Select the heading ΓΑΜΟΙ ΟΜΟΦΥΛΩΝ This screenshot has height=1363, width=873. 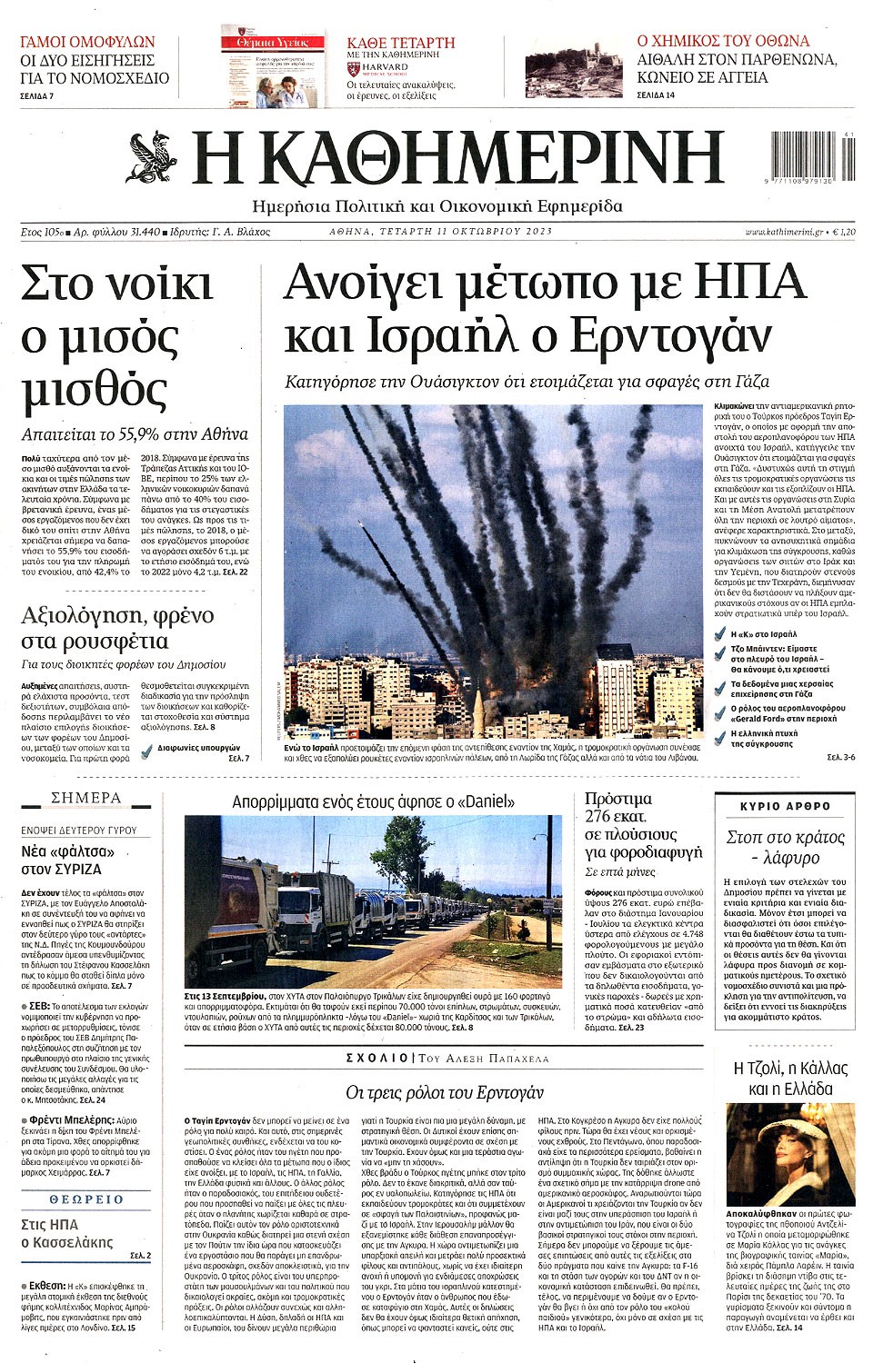[x=87, y=42]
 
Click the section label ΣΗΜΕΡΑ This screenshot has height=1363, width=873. [x=86, y=798]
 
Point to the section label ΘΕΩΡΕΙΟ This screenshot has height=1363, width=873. [x=86, y=1199]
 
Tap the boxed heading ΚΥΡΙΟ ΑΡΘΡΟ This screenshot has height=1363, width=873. [x=785, y=806]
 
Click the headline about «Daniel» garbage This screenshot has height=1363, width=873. [x=373, y=801]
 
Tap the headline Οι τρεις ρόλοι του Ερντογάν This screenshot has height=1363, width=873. [x=444, y=1091]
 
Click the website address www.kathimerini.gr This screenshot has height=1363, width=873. [x=784, y=233]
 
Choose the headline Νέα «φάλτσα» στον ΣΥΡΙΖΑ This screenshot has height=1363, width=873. [x=68, y=860]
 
